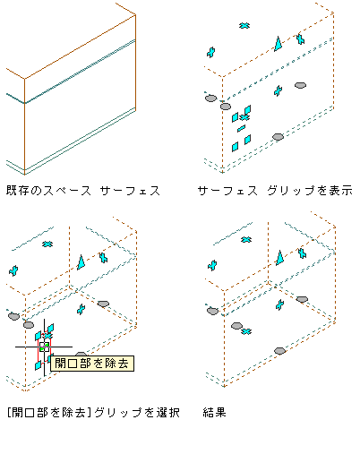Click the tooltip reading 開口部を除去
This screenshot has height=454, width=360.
tap(92, 364)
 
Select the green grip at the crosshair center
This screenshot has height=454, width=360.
tap(44, 347)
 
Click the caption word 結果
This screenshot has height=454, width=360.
tap(215, 413)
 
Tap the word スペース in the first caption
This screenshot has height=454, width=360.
tap(67, 191)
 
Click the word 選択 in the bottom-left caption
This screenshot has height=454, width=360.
tap(168, 413)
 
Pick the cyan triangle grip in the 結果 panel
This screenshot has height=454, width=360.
tap(279, 258)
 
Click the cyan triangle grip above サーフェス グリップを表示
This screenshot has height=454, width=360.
tap(279, 44)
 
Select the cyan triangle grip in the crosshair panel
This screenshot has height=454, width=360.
tap(81, 262)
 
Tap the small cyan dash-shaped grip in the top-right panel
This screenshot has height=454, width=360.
tap(241, 128)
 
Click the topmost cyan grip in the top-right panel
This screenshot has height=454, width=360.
tap(244, 26)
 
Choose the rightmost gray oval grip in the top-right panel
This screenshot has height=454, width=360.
tap(300, 85)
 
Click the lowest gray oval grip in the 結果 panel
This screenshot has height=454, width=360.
tap(279, 351)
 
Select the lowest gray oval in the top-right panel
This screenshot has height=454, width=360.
tap(278, 137)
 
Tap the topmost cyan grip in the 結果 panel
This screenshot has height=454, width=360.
tap(246, 240)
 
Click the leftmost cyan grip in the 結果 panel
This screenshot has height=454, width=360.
tap(212, 265)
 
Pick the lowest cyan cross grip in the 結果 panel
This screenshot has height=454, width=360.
tap(246, 331)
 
